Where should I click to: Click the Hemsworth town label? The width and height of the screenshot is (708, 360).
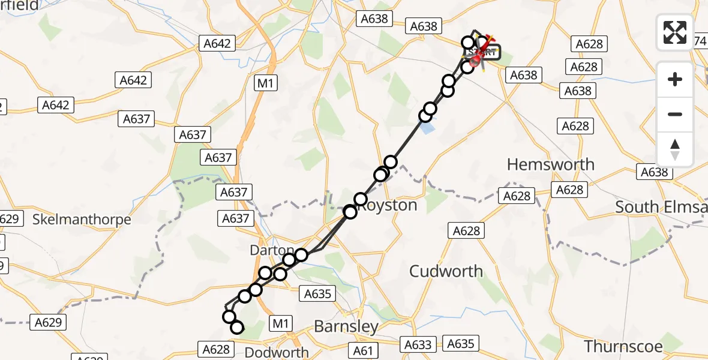coord(551,164)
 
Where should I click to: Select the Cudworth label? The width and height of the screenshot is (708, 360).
coord(446,271)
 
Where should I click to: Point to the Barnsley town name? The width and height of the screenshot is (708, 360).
coord(347,327)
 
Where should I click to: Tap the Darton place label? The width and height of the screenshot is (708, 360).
coord(272,250)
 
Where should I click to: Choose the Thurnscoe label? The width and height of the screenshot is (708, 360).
coord(623,346)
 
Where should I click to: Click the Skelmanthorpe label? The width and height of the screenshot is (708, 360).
coord(82,220)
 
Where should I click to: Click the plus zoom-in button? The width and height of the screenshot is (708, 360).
coord(675,79)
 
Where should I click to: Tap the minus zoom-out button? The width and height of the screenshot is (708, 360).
coord(675,114)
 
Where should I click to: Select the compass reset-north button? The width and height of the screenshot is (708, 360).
coord(675,149)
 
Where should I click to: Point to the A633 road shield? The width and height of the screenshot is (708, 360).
coord(418,344)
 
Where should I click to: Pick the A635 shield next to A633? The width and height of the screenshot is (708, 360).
coord(461,344)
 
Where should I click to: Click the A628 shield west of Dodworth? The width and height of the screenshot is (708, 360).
coord(216,349)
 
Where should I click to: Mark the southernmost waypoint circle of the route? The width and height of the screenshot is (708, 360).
coord(237,327)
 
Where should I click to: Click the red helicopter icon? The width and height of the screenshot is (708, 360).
coord(476,59)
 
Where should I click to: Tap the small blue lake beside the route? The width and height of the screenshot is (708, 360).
coord(426,128)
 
